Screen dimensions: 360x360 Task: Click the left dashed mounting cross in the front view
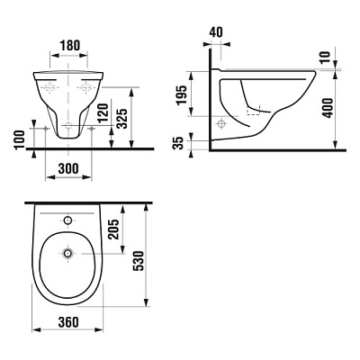click(x=49, y=89)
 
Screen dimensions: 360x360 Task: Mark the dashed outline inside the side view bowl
click(x=257, y=113)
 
